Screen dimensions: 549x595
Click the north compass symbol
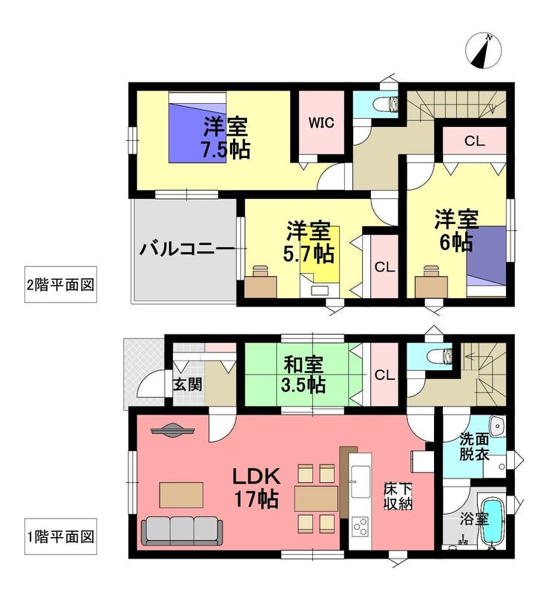[484, 50]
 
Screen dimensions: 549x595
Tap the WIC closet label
[321, 123]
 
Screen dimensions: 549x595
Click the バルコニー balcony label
[187, 249]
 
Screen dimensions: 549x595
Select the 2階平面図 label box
[61, 285]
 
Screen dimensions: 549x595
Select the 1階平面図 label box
[61, 536]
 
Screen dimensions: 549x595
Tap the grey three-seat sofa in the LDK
[182, 532]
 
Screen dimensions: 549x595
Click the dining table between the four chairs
[317, 499]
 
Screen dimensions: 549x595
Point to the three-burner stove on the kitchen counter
[360, 527]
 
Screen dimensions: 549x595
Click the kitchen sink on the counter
[360, 481]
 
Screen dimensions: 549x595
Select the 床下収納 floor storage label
[398, 496]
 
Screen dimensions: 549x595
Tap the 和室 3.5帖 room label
[303, 375]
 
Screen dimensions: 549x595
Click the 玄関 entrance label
[188, 385]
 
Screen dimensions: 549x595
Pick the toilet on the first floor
[439, 356]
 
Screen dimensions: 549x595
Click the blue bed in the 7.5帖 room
[197, 128]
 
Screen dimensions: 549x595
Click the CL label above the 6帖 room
[475, 142]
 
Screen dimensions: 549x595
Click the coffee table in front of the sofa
[181, 495]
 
